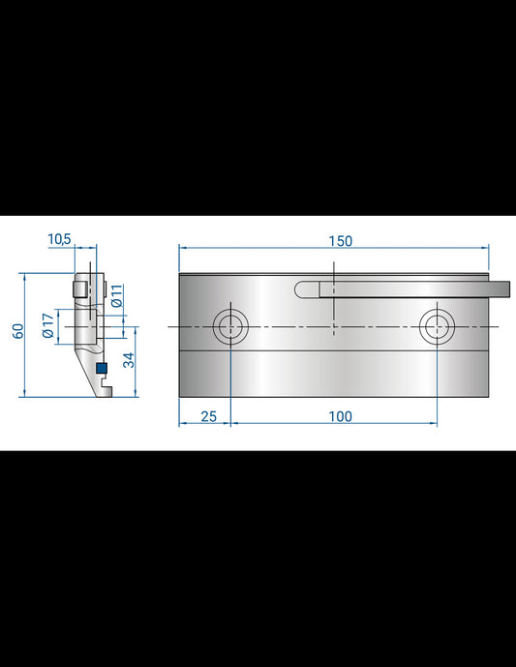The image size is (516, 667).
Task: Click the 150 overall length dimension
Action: pyautogui.click(x=340, y=240)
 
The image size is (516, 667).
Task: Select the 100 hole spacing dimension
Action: pyautogui.click(x=339, y=416)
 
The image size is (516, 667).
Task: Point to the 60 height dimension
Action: pyautogui.click(x=17, y=331)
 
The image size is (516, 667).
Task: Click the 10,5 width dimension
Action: pyautogui.click(x=59, y=239)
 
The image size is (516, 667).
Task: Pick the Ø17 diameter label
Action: pyautogui.click(x=46, y=326)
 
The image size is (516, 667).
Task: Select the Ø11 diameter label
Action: pyautogui.click(x=115, y=296)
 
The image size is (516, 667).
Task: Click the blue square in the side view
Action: pyautogui.click(x=101, y=368)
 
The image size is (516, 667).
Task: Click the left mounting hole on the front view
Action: pyautogui.click(x=231, y=326)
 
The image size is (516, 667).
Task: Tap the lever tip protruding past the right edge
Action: pyautogui.click(x=502, y=288)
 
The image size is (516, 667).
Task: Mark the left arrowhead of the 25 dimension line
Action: pyautogui.click(x=183, y=424)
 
